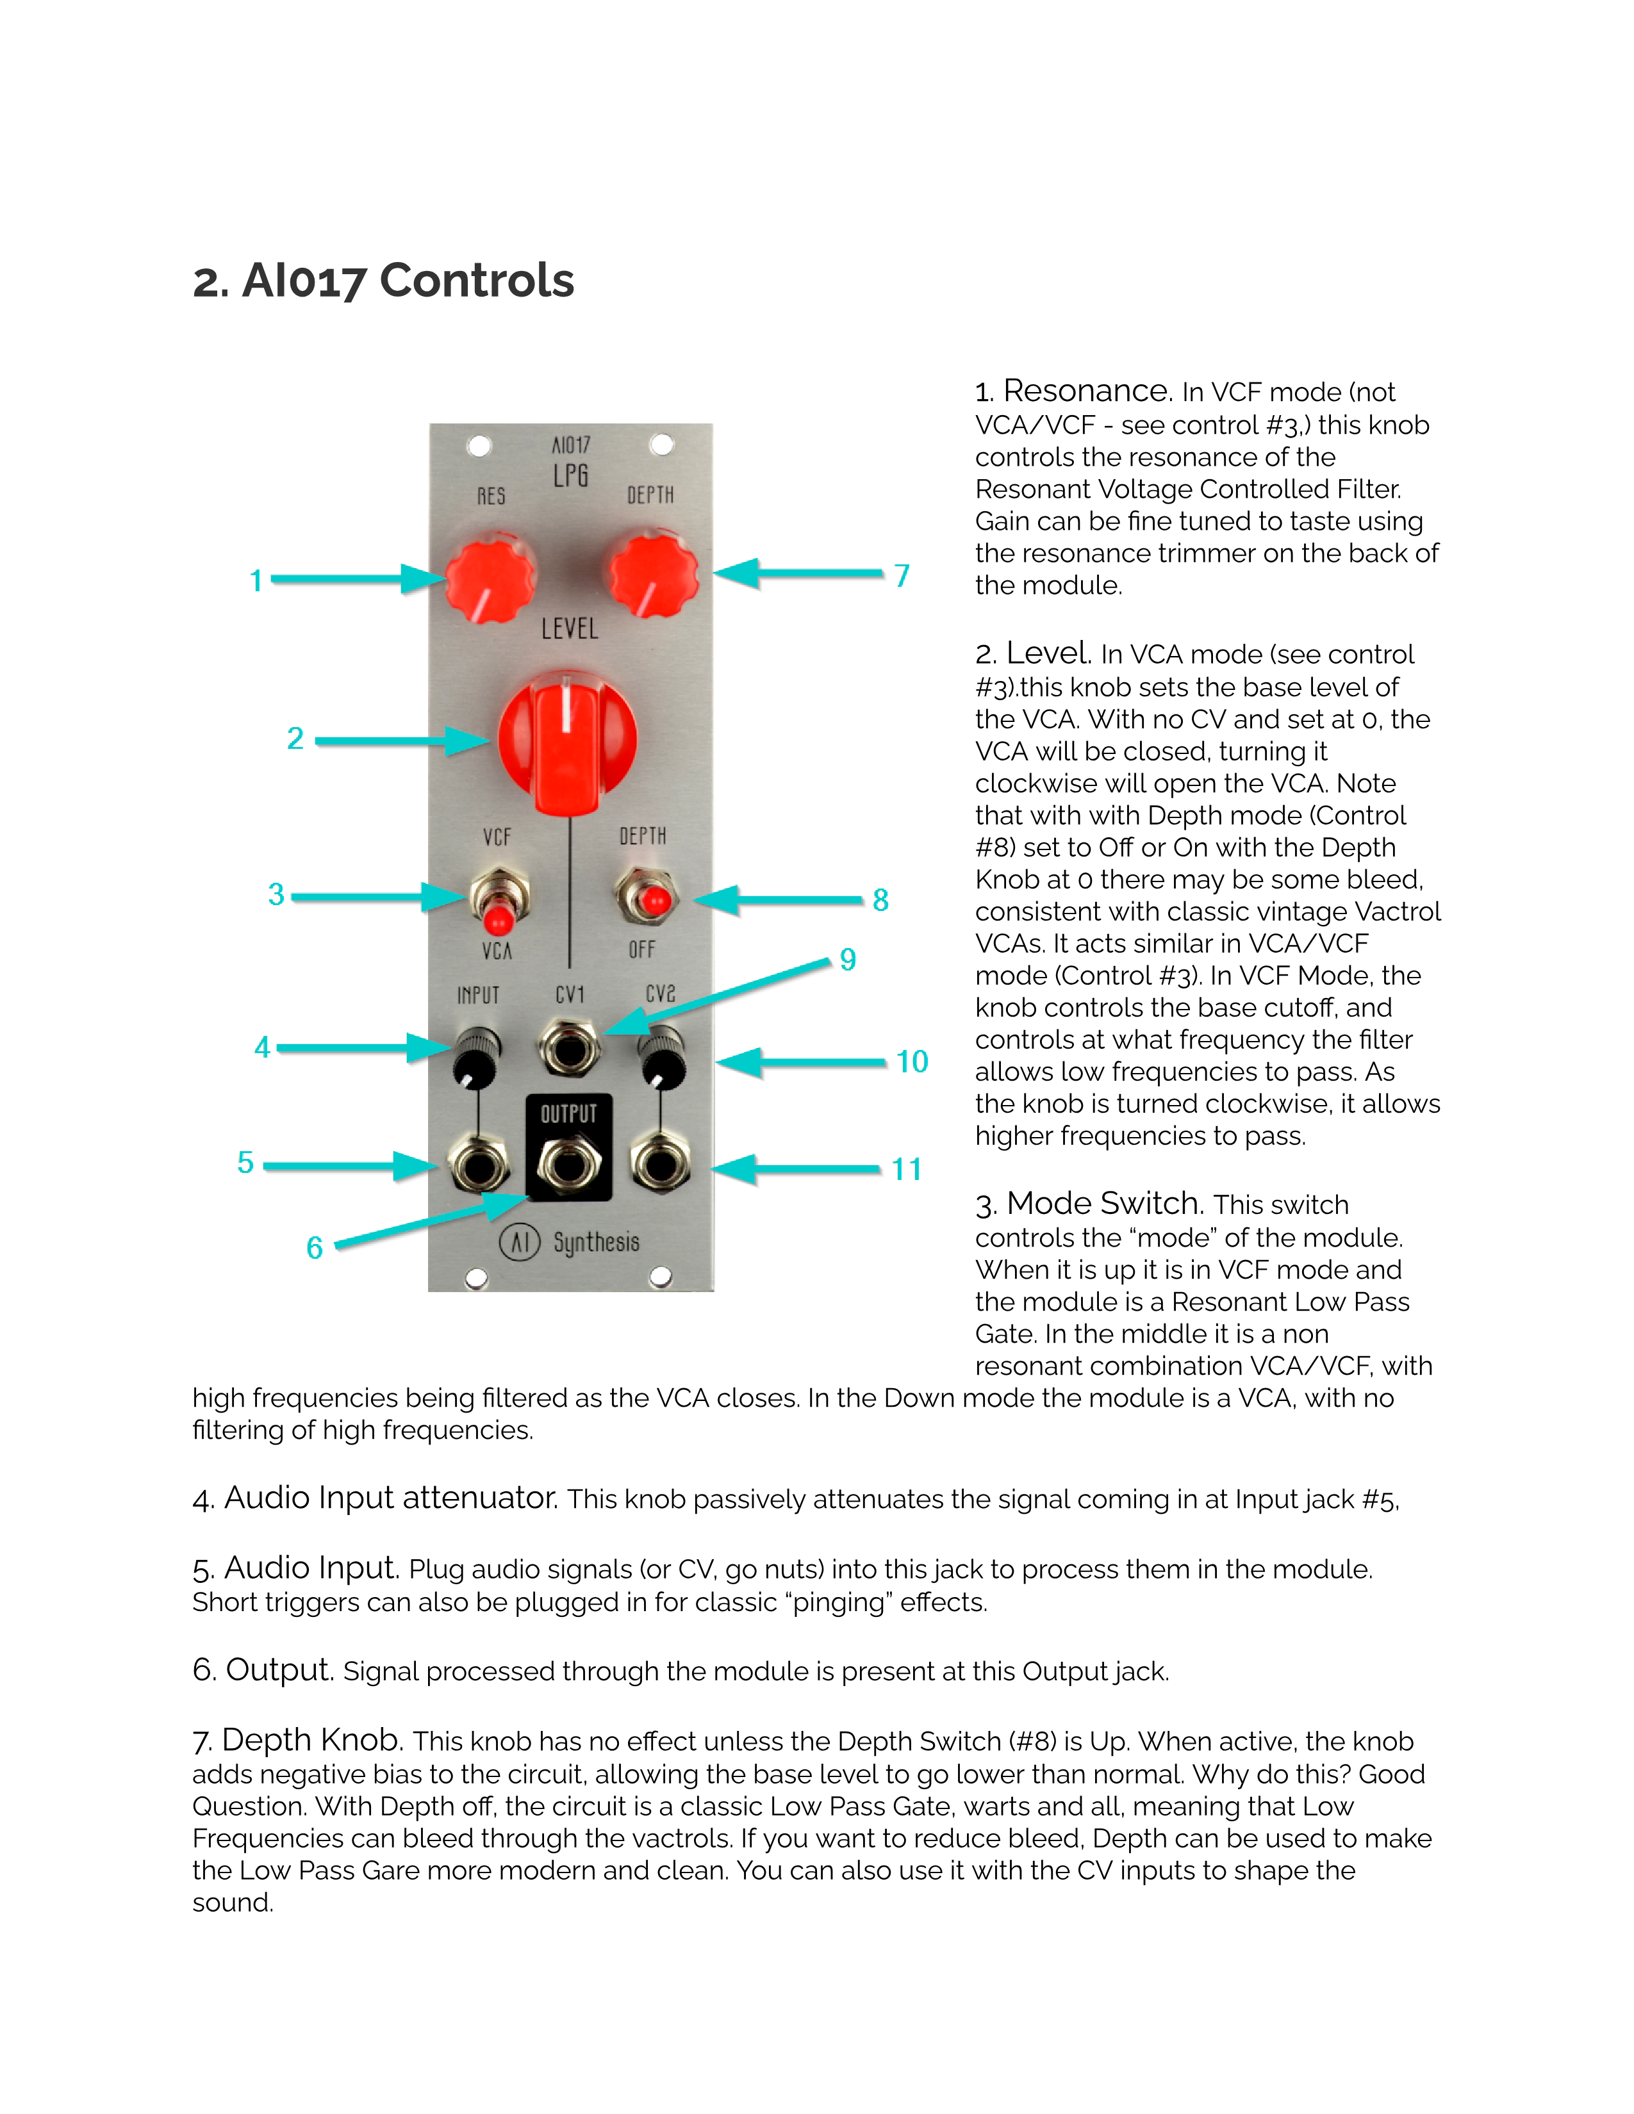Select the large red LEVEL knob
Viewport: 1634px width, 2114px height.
point(567,741)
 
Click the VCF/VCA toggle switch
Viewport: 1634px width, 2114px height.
point(499,900)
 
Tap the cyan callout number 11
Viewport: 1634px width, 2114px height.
point(906,1169)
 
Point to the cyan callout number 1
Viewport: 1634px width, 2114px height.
point(256,581)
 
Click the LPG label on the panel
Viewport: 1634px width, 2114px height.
point(570,476)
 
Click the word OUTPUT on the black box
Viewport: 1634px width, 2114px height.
point(568,1114)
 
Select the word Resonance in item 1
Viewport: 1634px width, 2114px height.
point(1086,390)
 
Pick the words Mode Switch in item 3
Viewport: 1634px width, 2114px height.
point(1103,1203)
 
